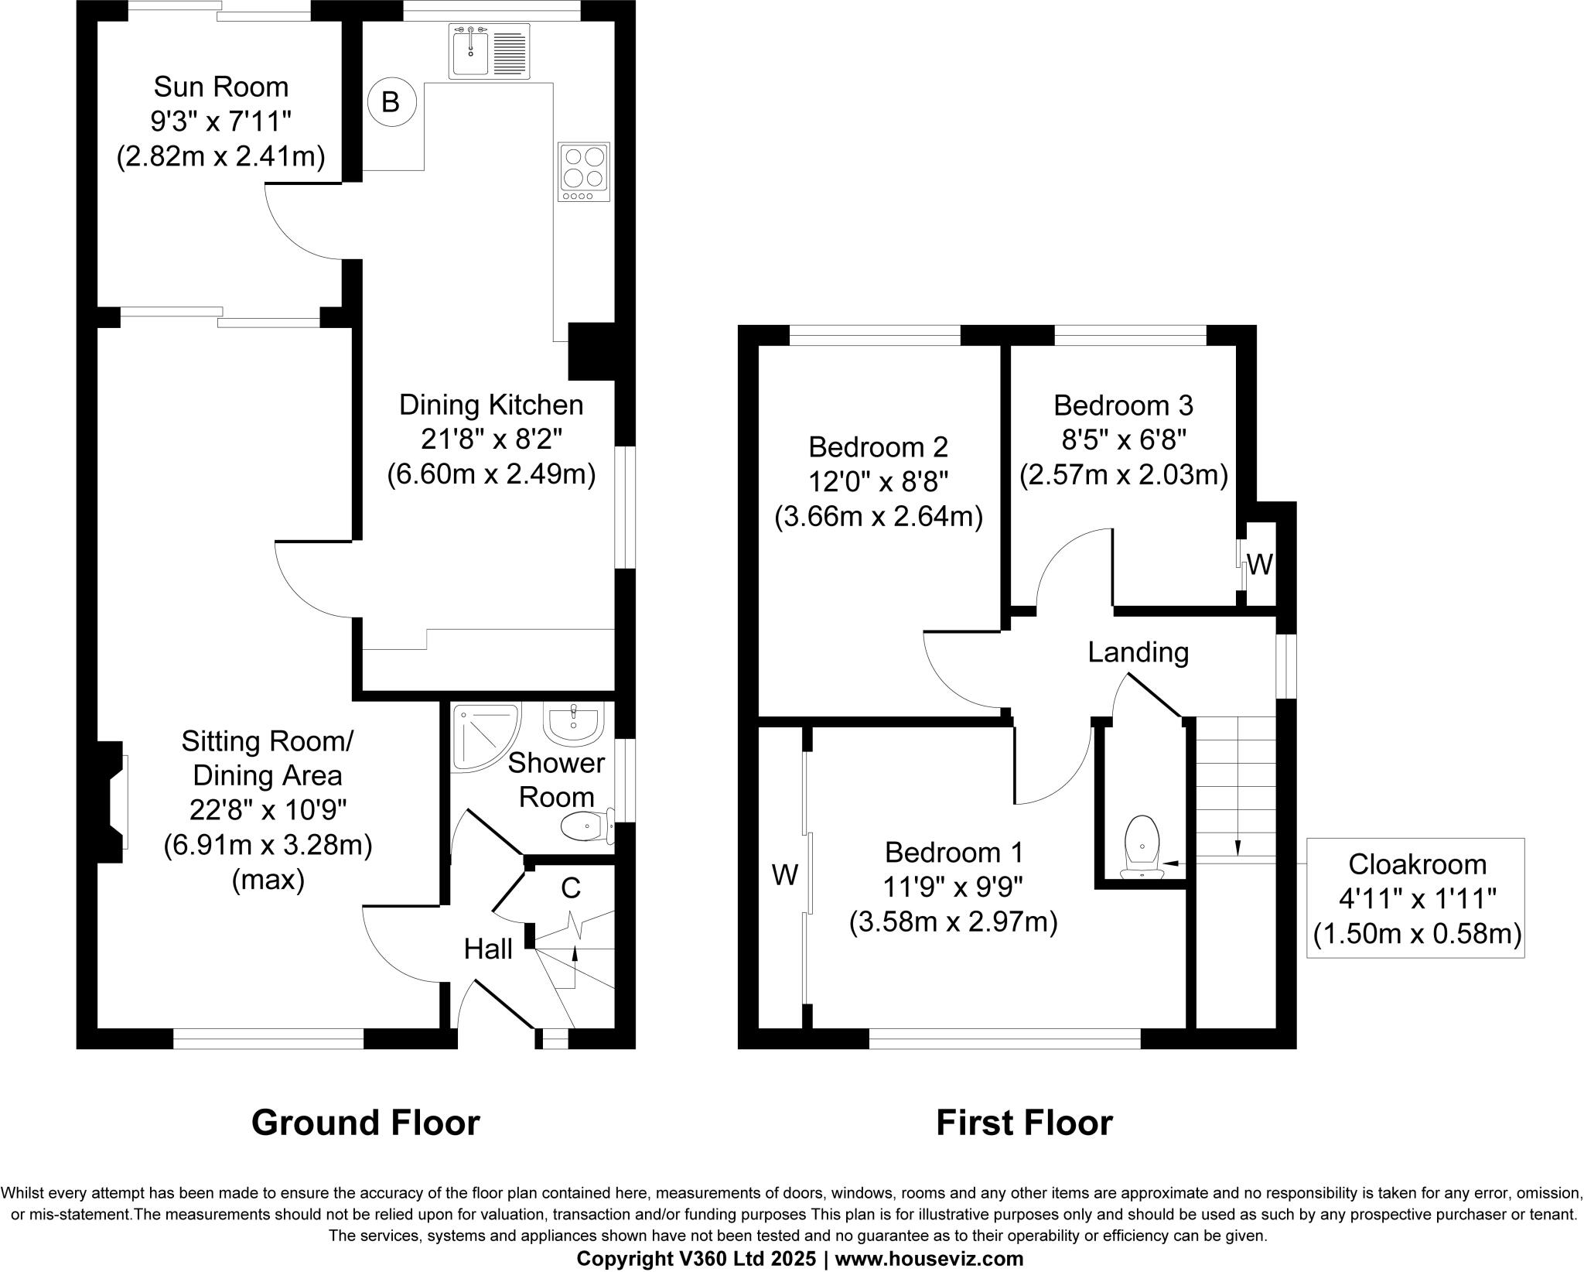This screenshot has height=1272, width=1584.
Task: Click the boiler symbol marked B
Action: (391, 102)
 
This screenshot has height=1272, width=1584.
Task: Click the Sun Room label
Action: (221, 87)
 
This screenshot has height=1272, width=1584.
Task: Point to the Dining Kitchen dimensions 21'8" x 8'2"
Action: (491, 439)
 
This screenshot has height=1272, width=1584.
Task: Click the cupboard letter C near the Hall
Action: (570, 889)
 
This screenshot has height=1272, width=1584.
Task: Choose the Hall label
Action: (488, 949)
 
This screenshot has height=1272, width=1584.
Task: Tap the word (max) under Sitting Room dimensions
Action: (268, 880)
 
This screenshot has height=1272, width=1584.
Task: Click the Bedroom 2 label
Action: (878, 447)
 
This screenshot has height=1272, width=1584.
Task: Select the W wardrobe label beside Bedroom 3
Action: (1259, 566)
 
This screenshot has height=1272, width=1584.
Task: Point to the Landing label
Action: (1138, 652)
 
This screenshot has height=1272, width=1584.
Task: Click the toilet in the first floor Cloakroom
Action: (1142, 847)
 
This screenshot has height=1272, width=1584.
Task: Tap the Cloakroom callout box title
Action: (1417, 863)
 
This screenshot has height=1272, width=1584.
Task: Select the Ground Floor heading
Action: (365, 1123)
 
